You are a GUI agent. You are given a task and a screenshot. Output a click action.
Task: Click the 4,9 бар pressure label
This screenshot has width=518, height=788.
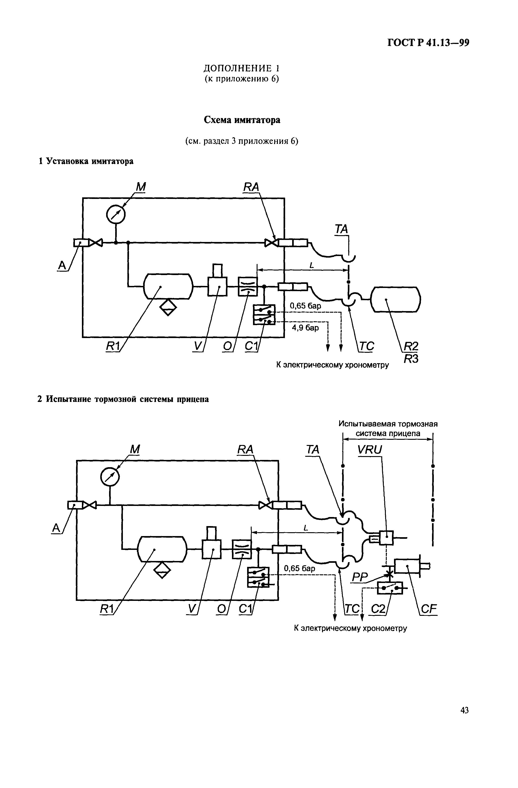tap(305, 328)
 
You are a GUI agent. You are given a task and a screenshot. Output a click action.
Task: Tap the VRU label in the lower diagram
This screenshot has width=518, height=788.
tap(370, 450)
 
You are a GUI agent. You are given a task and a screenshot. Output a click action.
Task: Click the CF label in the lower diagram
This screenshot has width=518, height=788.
tap(429, 609)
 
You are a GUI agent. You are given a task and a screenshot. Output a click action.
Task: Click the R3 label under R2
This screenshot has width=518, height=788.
tap(411, 359)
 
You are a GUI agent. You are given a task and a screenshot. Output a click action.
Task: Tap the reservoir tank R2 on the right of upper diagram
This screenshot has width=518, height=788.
tap(396, 299)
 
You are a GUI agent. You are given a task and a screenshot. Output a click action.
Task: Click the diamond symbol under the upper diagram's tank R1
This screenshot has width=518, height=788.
tap(168, 307)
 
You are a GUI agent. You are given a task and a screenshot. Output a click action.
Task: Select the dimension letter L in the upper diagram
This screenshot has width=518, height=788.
tap(311, 265)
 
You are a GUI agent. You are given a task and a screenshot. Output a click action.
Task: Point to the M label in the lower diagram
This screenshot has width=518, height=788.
tap(135, 449)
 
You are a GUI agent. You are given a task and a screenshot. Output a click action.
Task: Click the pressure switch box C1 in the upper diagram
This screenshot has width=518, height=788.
tap(264, 314)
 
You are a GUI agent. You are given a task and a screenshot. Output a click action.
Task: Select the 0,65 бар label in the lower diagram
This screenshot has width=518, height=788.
tap(299, 568)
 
